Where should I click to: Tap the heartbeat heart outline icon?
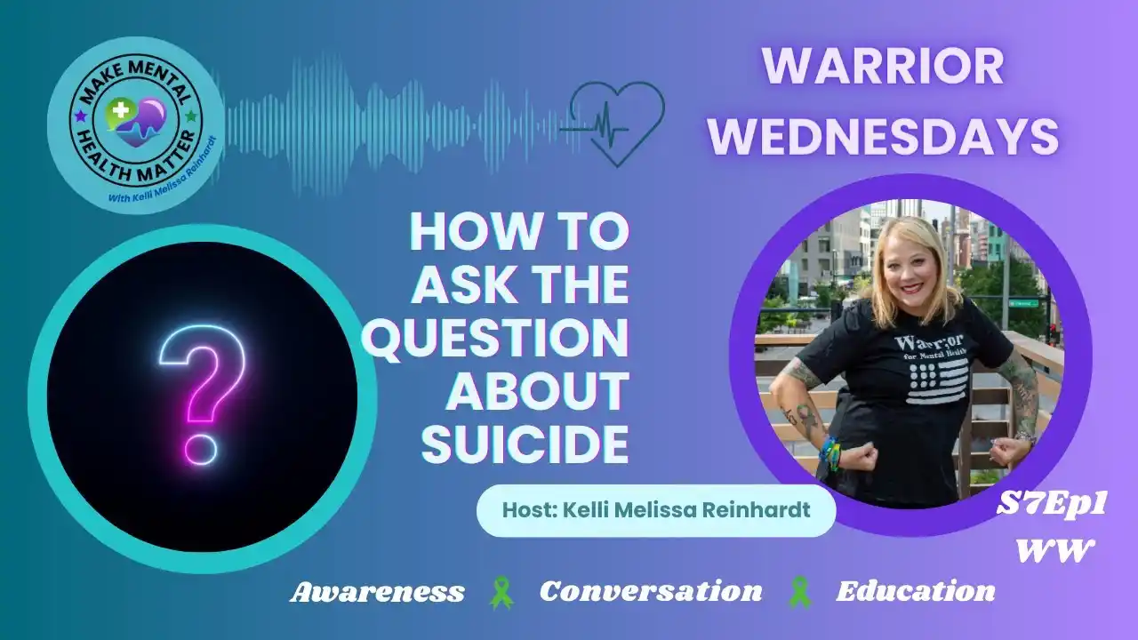click(x=616, y=125)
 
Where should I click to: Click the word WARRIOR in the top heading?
click(x=883, y=67)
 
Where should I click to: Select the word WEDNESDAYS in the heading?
click(x=884, y=136)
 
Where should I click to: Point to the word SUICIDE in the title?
click(x=525, y=444)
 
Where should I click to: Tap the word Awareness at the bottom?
click(x=377, y=592)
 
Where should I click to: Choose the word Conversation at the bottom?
click(x=651, y=591)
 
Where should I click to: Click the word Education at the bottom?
click(x=916, y=591)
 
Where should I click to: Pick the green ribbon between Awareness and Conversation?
click(x=501, y=592)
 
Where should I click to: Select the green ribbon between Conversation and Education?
click(x=799, y=592)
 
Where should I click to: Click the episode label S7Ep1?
click(x=1051, y=505)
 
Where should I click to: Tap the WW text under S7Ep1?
click(x=1054, y=551)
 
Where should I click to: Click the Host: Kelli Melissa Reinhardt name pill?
click(x=656, y=510)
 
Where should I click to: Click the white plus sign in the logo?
click(x=120, y=110)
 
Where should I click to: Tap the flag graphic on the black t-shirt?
click(x=936, y=380)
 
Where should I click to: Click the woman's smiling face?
click(x=910, y=270)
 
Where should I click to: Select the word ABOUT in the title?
click(x=538, y=392)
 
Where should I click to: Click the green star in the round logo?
click(x=191, y=116)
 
